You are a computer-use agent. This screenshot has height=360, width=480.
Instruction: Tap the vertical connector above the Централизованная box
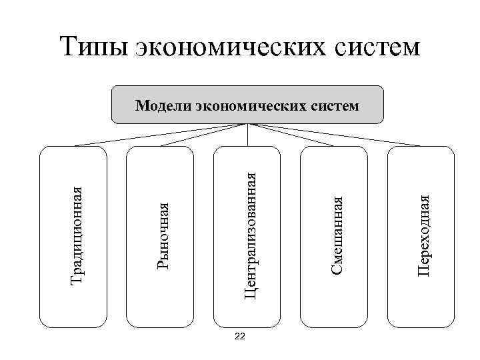pos(248,135)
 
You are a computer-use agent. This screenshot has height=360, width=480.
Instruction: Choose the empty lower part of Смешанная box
pos(334,300)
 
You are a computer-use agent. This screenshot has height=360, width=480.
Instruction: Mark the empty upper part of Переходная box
pos(421,167)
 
